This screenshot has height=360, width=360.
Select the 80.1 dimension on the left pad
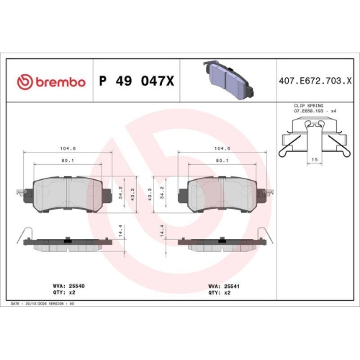coord(68,161)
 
